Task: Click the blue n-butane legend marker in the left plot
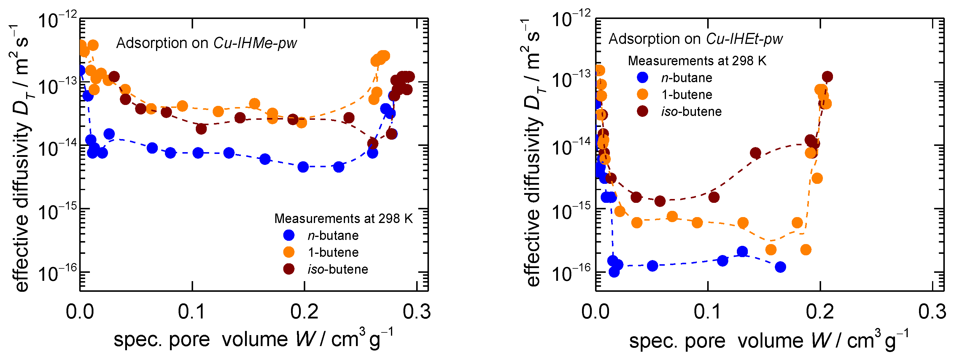289,235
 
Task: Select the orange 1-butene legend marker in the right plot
642,94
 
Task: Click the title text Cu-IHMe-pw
255,43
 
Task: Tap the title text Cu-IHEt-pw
744,39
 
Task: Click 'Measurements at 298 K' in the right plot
697,60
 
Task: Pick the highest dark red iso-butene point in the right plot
827,77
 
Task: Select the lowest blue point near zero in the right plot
614,272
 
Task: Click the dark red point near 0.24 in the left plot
349,118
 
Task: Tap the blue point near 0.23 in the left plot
338,167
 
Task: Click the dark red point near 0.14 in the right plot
756,153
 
